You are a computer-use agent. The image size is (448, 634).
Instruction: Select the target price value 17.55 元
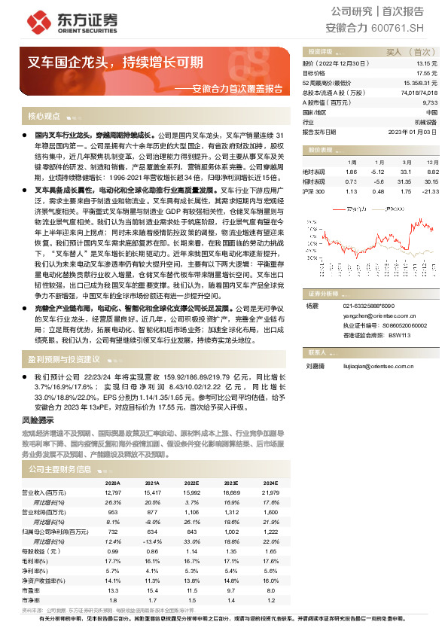(x=427, y=73)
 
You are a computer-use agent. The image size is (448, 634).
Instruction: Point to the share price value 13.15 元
(x=427, y=64)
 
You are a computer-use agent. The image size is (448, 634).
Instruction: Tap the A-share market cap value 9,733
(x=429, y=102)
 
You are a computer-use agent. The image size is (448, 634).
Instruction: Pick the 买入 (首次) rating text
(x=407, y=52)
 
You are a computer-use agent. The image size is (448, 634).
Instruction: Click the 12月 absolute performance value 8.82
(x=431, y=172)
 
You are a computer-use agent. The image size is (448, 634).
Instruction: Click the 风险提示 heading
(x=39, y=419)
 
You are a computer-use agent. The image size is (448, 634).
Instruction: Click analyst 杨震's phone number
(x=368, y=306)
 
